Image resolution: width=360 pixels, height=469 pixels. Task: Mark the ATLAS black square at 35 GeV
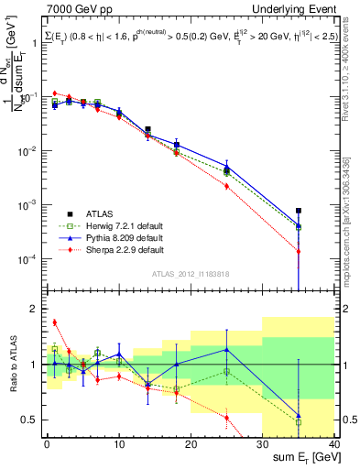[299, 211]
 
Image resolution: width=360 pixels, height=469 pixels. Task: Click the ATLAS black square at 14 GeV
[147, 130]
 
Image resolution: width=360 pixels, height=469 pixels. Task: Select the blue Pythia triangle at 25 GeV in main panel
[226, 167]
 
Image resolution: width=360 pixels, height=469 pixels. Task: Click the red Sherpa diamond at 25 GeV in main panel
[226, 186]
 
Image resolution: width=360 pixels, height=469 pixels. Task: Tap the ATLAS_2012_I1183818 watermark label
[190, 273]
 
